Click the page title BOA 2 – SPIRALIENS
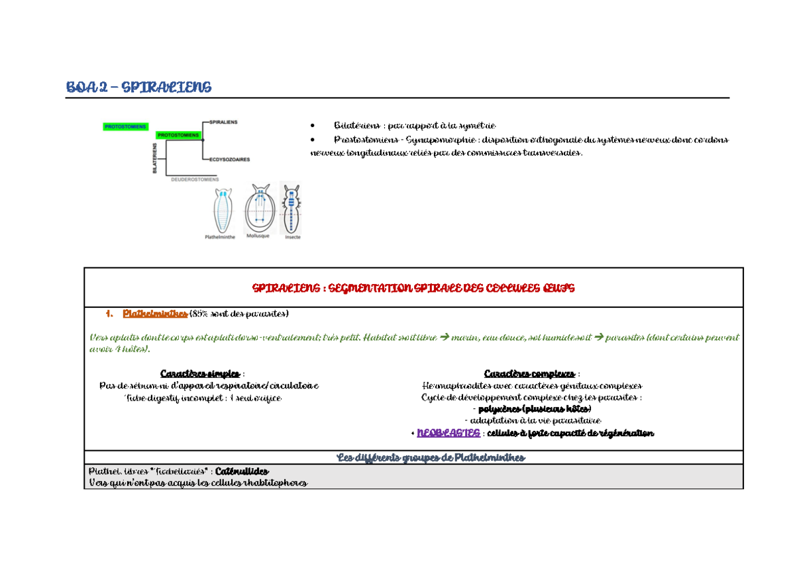click(138, 87)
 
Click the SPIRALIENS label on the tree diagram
click(224, 122)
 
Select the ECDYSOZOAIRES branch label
click(229, 159)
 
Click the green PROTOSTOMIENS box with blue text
click(126, 126)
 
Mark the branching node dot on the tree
click(203, 140)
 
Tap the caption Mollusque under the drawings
click(257, 236)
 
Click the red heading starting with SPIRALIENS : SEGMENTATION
click(413, 288)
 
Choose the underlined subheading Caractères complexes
click(529, 374)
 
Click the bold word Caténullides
click(242, 471)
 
